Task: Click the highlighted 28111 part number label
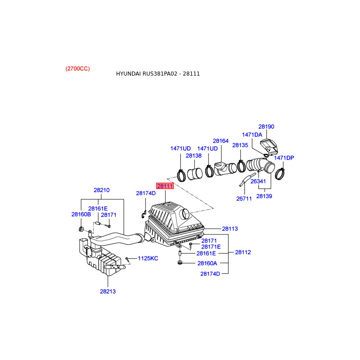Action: coord(165,186)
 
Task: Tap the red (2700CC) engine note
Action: coord(77,69)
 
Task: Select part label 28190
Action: coord(266,126)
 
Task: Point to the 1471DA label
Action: coord(252,135)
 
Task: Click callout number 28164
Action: coord(220,141)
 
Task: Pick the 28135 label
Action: coord(240,145)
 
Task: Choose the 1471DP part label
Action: coord(284,158)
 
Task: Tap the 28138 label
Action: coord(193,156)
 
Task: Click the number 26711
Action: coord(244,198)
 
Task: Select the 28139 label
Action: coord(264,196)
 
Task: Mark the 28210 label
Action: coord(102,190)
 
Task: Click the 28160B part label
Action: coord(81,214)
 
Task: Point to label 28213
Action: coord(108,291)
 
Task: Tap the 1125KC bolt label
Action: coord(148,258)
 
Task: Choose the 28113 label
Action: coord(230,229)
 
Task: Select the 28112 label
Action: coord(243,252)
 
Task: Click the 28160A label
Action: coord(207,263)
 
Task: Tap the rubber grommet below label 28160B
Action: coord(81,229)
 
